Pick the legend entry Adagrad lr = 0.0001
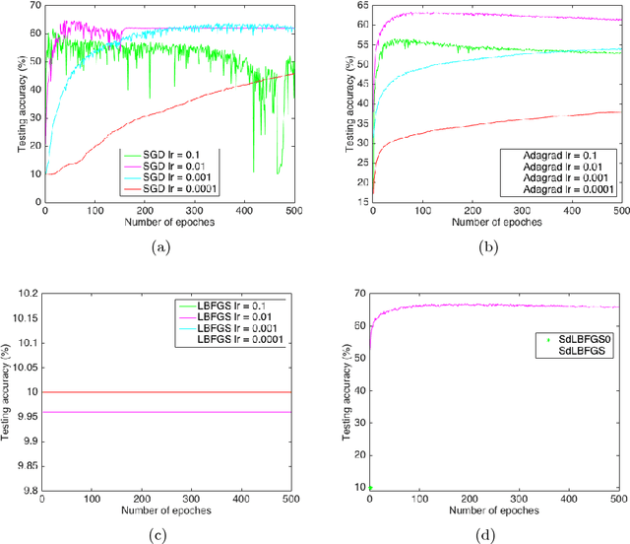click(x=570, y=189)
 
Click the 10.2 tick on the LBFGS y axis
click(x=26, y=294)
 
